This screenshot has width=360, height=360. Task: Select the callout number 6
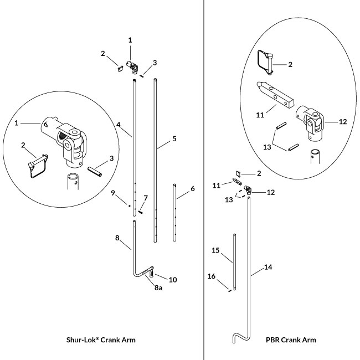[x=192, y=189]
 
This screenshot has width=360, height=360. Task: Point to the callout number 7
[x=146, y=198]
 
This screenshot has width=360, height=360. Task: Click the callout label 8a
[x=157, y=288]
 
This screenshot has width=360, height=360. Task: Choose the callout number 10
[x=173, y=280]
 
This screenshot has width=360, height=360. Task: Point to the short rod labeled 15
[x=235, y=263]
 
